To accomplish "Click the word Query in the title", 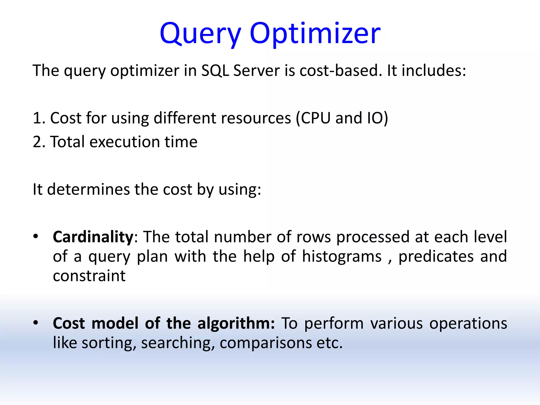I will pyautogui.click(x=200, y=34).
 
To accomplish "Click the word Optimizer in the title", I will pyautogui.click(x=315, y=34).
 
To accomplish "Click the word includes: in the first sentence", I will pyautogui.click(x=434, y=71).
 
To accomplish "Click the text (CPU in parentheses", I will pyautogui.click(x=313, y=118).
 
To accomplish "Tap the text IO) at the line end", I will pyautogui.click(x=378, y=118).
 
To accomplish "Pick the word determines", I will pyautogui.click(x=88, y=189).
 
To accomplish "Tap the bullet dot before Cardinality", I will pyautogui.click(x=36, y=236).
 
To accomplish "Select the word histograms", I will pyautogui.click(x=342, y=256).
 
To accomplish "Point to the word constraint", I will pyautogui.click(x=89, y=276).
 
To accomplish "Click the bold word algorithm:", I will pyautogui.click(x=236, y=323).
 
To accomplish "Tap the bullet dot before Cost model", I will pyautogui.click(x=36, y=322).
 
